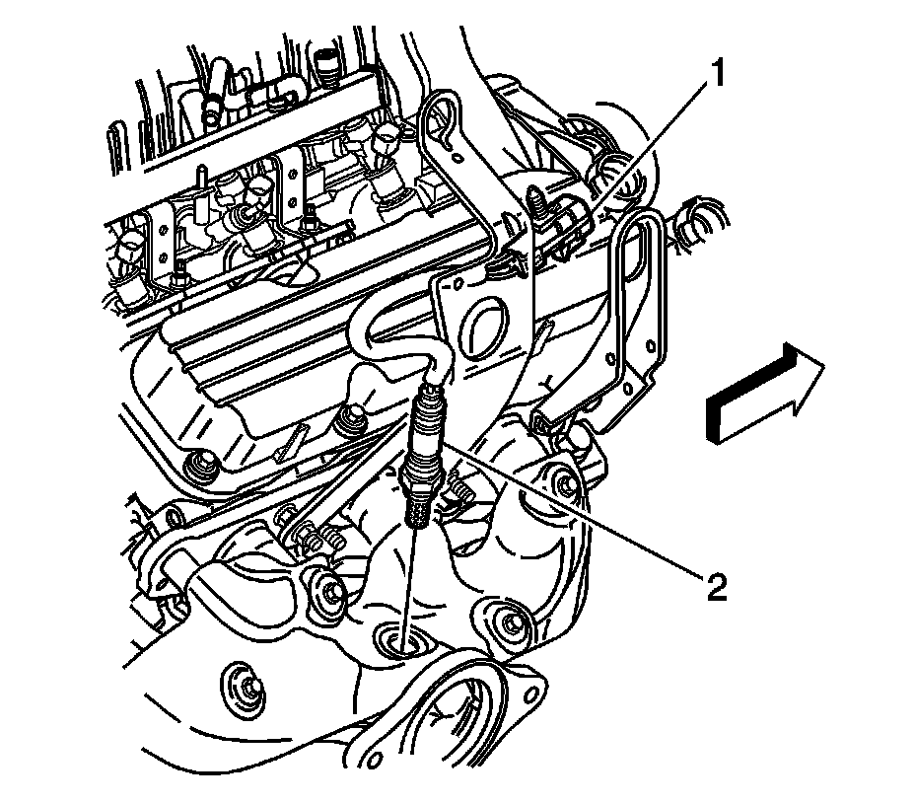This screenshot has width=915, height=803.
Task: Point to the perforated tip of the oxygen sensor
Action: [417, 508]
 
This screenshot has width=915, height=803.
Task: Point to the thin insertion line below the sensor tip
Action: [409, 582]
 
